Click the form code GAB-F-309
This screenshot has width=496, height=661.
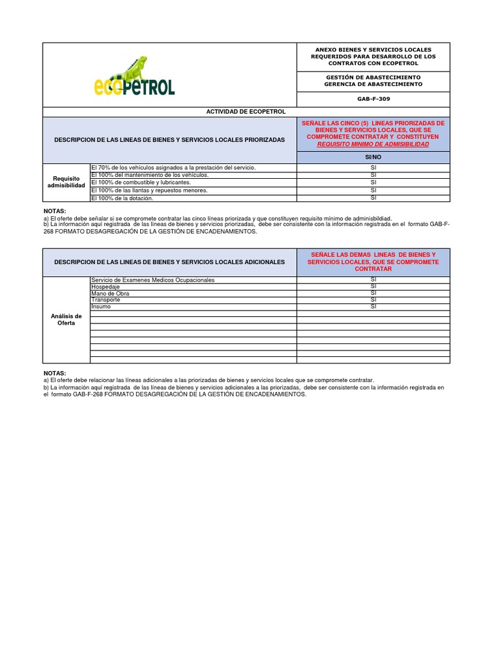pyautogui.click(x=373, y=99)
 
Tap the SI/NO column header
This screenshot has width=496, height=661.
pyautogui.click(x=373, y=157)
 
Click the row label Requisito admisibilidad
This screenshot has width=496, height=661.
pyautogui.click(x=67, y=182)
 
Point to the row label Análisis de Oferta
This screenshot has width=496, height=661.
pyautogui.click(x=67, y=319)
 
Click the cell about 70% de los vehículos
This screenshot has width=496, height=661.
pyautogui.click(x=174, y=167)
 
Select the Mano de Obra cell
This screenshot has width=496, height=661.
pyautogui.click(x=110, y=293)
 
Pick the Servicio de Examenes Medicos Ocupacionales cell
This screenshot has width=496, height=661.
pyautogui.click(x=153, y=280)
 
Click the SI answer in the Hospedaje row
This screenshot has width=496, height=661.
pyautogui.click(x=373, y=287)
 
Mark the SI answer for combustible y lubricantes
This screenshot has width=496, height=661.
pyautogui.click(x=373, y=182)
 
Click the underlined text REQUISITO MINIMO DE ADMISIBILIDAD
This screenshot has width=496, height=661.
pyautogui.click(x=373, y=145)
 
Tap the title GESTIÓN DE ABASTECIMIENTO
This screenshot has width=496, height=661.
pyautogui.click(x=373, y=76)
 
